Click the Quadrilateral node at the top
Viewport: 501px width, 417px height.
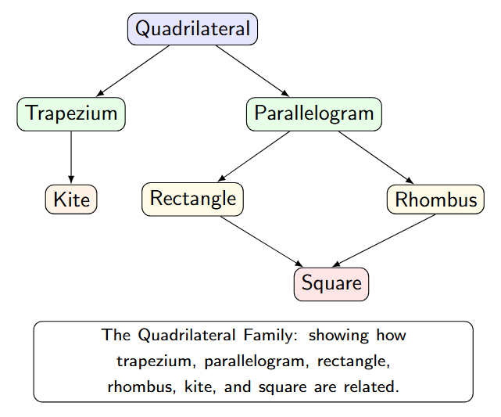pyautogui.click(x=192, y=29)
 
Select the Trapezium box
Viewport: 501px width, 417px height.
pyautogui.click(x=71, y=113)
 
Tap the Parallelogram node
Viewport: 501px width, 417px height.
pyautogui.click(x=314, y=113)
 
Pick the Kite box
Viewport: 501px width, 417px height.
pyautogui.click(x=71, y=199)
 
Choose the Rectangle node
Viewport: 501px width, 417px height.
pyautogui.click(x=192, y=198)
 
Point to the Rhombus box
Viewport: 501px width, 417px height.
pyautogui.click(x=435, y=200)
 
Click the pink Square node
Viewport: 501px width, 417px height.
pyautogui.click(x=331, y=283)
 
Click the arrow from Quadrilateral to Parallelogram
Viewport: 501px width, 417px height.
pyautogui.click(x=252, y=71)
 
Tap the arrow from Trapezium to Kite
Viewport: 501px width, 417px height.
pyautogui.click(x=71, y=156)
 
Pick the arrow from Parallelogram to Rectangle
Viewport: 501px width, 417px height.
pyautogui.click(x=254, y=156)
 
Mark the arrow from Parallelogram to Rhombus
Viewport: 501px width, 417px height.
pyautogui.click(x=375, y=156)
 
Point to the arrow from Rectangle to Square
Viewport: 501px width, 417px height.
pyautogui.click(x=262, y=241)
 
